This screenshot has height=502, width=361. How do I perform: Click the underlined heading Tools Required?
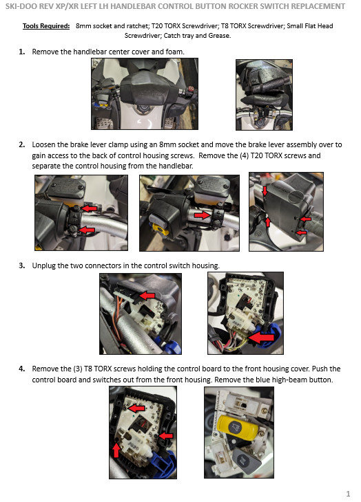pos(46,26)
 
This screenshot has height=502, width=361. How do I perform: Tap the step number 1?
pos(22,52)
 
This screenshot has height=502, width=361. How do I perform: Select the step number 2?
pos(22,144)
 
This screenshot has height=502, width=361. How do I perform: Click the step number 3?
pos(22,265)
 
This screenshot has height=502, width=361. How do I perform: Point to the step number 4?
pos(22,369)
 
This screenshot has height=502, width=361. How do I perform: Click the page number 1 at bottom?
pos(348,493)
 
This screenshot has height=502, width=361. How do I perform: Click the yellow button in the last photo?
pos(238,426)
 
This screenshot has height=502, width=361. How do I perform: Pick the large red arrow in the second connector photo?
pos(261,338)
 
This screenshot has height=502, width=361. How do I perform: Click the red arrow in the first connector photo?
pos(147,295)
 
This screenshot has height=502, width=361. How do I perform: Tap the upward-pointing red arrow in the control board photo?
pos(116,450)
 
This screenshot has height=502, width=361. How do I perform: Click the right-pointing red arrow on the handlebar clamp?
pos(203,215)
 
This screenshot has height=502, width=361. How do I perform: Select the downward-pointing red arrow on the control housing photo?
pos(265,191)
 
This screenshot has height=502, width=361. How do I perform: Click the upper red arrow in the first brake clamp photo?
pos(89,209)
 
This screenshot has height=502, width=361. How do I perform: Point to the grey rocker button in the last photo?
pos(246,460)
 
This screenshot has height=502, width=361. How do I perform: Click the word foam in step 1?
pos(175,52)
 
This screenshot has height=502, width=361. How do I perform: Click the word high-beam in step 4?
pos(287,380)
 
